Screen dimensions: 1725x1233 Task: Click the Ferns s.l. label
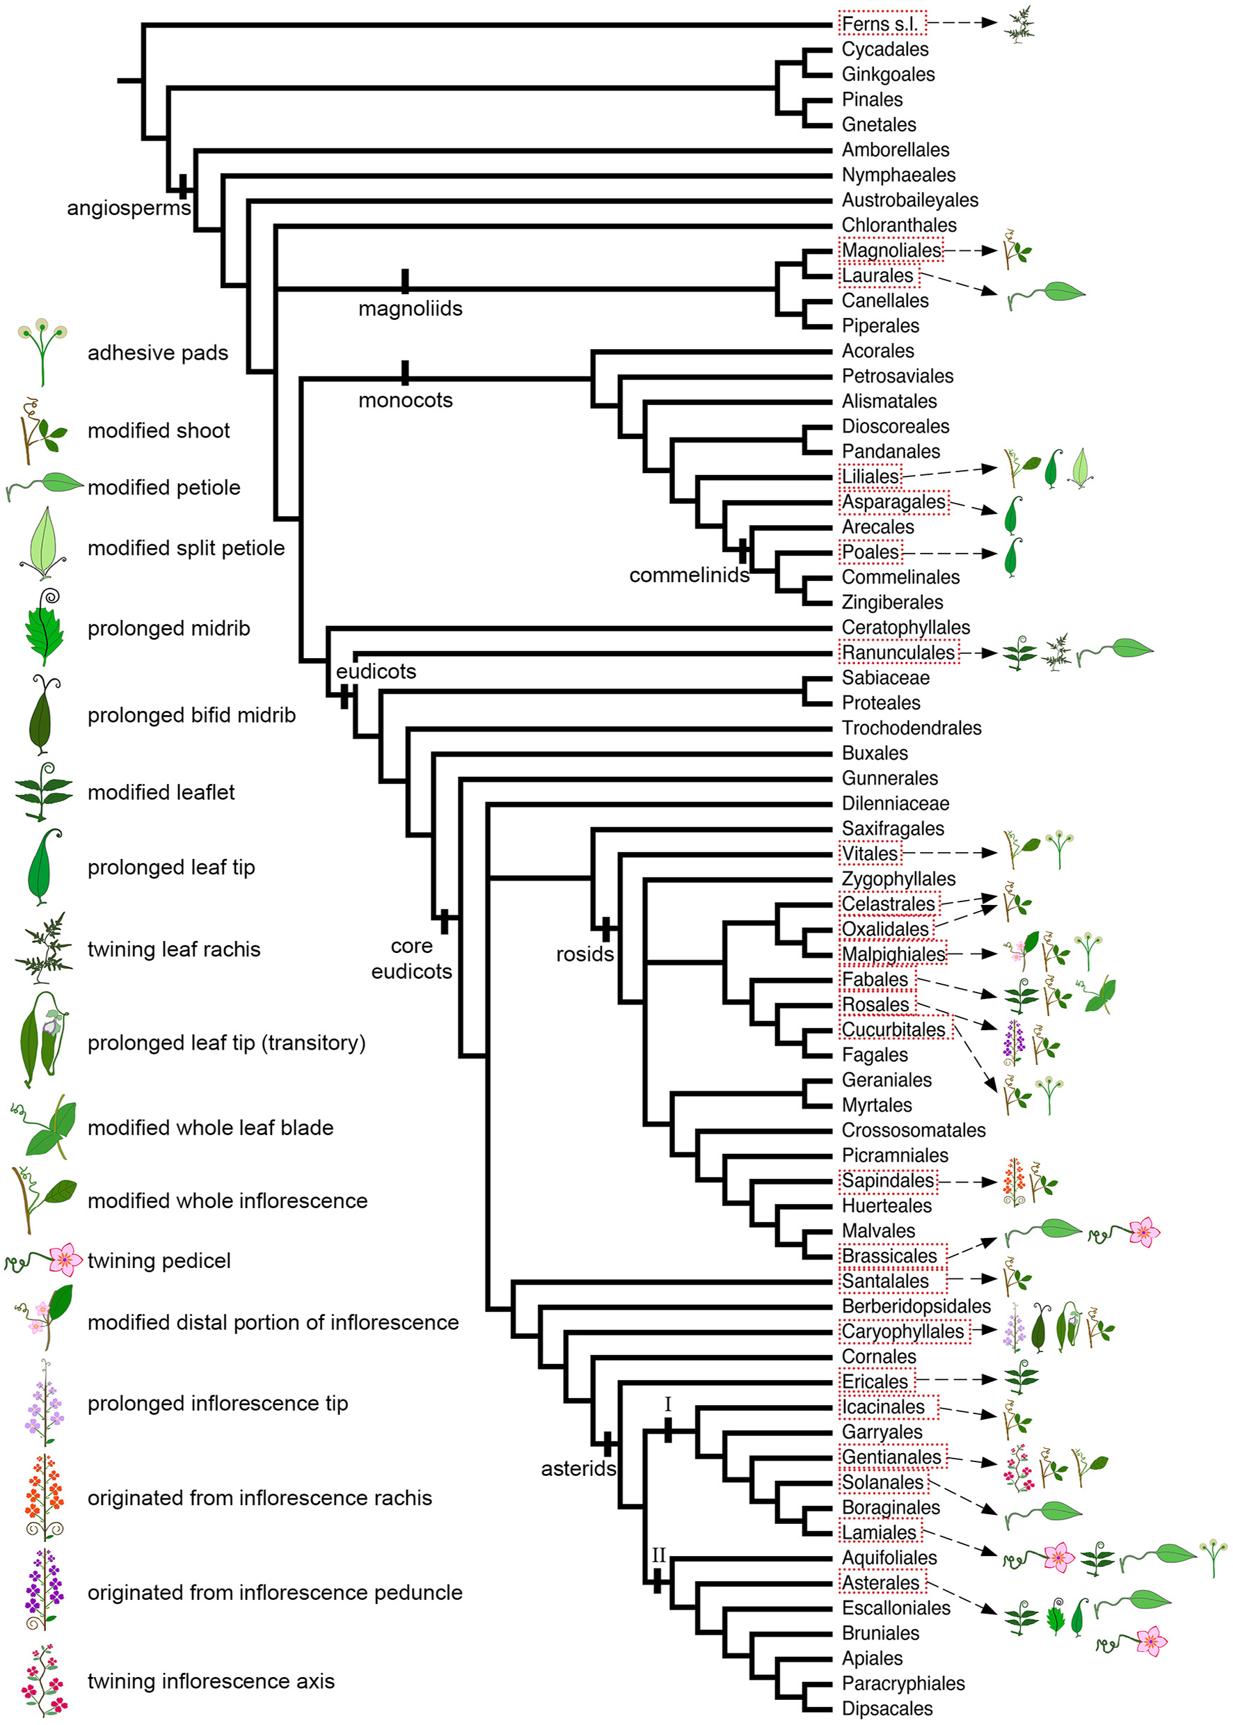tap(882, 24)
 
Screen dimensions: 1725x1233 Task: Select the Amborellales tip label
tap(895, 150)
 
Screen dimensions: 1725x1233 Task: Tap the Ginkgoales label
tap(888, 74)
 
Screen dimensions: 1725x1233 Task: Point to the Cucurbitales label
tap(893, 1030)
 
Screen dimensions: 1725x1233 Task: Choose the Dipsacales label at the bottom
tap(886, 1708)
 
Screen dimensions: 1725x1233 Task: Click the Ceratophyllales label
tap(906, 627)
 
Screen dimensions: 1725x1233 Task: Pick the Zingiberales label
tap(892, 602)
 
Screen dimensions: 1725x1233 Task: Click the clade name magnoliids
tap(410, 309)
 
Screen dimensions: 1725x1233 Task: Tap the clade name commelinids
tap(689, 575)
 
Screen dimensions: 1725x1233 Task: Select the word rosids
tap(584, 954)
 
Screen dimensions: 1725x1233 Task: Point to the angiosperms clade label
tap(128, 208)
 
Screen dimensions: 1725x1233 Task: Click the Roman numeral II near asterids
tap(658, 1555)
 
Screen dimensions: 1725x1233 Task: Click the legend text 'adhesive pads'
tap(158, 353)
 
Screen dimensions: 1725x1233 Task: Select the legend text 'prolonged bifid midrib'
tap(191, 715)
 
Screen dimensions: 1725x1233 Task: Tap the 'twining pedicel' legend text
tap(159, 1260)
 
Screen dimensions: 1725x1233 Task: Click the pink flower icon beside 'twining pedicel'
tap(65, 1260)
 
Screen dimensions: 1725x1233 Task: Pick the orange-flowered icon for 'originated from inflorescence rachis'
tap(44, 1497)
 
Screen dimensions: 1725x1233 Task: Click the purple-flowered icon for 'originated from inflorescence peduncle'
tap(44, 1590)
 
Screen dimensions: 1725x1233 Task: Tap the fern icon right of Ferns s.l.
tap(1018, 24)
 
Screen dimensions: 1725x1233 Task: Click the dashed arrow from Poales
tap(949, 553)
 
